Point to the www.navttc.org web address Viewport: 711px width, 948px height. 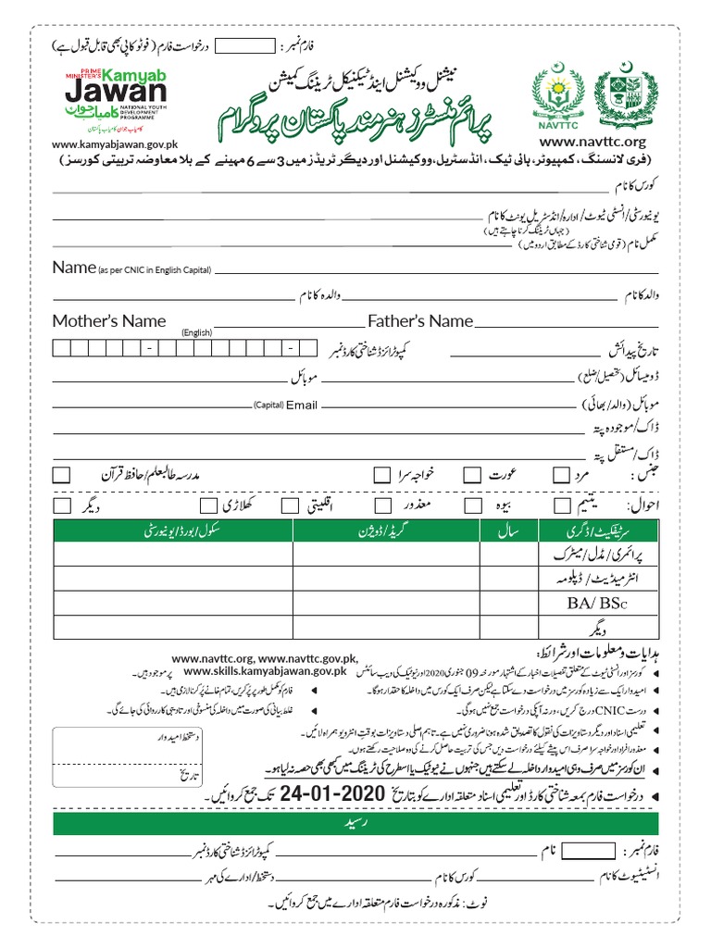592,142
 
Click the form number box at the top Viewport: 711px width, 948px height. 250,45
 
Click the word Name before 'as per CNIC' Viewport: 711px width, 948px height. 74,268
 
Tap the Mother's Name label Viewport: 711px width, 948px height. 109,321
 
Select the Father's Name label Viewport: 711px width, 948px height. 420,321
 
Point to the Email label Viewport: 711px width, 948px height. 302,405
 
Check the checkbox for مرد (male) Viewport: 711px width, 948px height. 561,474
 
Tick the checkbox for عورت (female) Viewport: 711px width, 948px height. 472,474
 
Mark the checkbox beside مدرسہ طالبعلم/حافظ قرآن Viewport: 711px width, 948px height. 62,474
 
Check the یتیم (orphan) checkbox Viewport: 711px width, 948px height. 561,505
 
